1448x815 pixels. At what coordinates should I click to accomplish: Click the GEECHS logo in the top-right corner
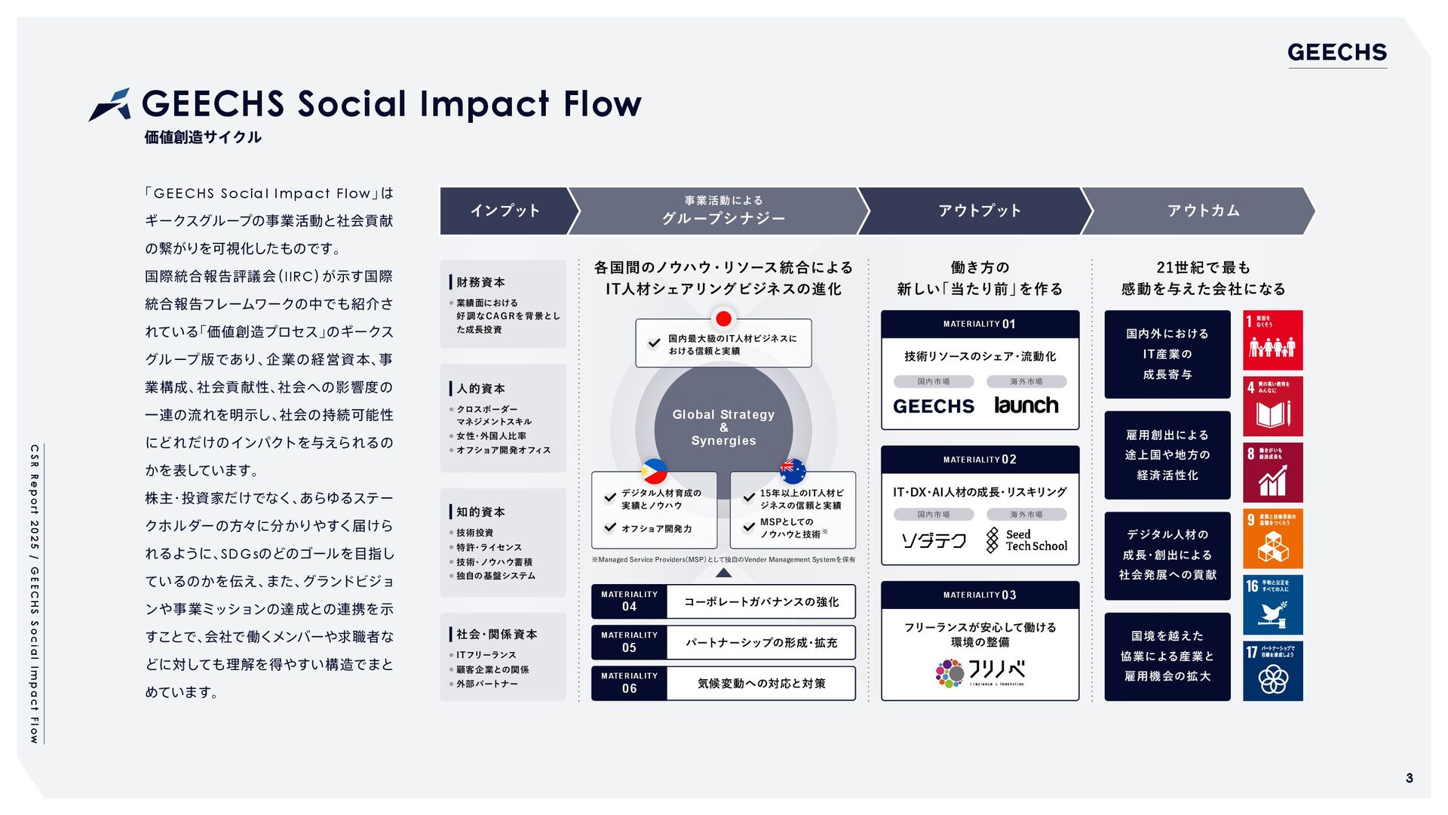tap(1336, 52)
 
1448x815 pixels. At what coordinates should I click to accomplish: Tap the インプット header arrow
tap(505, 211)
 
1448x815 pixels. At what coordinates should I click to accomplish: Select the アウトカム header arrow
tap(1203, 211)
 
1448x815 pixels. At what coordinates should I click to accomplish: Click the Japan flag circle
tap(723, 318)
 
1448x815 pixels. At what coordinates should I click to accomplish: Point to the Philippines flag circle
tap(654, 472)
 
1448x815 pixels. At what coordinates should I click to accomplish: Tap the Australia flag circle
tap(792, 471)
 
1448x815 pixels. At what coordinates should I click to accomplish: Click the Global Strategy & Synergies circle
tap(723, 427)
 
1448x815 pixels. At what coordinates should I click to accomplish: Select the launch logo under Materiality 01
tap(1026, 405)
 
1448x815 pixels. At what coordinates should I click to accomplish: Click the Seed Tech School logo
tap(1026, 540)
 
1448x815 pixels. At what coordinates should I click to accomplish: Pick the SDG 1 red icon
tap(1272, 340)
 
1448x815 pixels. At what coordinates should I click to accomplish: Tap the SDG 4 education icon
tap(1272, 407)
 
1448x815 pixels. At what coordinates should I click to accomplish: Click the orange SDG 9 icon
tap(1272, 539)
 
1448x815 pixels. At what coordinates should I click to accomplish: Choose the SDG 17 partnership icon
tap(1272, 671)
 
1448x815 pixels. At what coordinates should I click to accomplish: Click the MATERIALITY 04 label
tap(629, 601)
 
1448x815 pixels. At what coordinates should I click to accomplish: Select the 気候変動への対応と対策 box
tap(761, 683)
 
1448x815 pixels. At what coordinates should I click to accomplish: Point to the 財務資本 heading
tap(480, 282)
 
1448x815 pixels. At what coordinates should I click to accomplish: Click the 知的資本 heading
tap(480, 512)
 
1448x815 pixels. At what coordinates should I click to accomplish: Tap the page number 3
tap(1409, 778)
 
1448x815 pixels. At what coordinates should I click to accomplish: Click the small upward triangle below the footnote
tap(723, 573)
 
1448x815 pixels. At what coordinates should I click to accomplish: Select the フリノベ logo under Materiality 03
tap(980, 672)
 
